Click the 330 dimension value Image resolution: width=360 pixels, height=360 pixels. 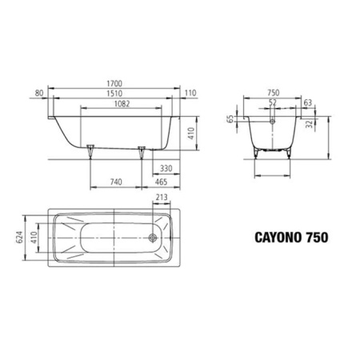[166, 169]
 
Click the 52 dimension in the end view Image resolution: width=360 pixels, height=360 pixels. [272, 102]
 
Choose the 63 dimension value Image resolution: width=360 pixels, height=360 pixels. [307, 102]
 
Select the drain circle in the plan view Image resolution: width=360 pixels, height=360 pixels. [152, 237]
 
